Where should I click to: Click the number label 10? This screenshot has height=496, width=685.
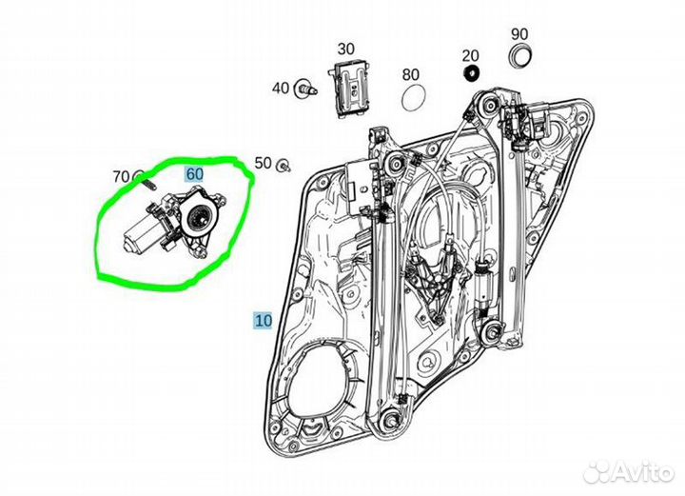tap(262, 320)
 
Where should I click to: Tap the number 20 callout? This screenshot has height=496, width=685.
tap(470, 56)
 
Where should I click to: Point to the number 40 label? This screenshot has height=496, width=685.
tap(280, 89)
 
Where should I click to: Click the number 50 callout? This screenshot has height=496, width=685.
tap(263, 163)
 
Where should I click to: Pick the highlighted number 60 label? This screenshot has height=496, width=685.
tap(194, 174)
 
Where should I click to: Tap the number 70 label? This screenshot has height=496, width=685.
tap(120, 176)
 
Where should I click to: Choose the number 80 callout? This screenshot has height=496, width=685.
tap(411, 74)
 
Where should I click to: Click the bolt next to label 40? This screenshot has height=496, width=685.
tap(305, 89)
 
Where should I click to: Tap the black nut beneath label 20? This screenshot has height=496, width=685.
tap(469, 75)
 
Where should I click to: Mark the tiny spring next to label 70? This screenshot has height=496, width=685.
tap(139, 176)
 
